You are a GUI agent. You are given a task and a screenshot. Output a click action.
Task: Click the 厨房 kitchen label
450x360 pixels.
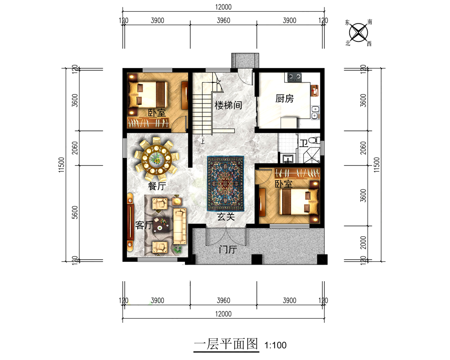tap(284, 99)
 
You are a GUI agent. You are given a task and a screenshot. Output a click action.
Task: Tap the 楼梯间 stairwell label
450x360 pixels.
tap(228, 105)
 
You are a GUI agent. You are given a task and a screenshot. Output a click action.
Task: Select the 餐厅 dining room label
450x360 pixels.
tap(157, 186)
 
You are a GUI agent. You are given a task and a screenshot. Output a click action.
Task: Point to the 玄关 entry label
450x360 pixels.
tap(226, 216)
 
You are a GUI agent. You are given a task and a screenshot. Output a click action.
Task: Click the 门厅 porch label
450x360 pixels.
tap(228, 249)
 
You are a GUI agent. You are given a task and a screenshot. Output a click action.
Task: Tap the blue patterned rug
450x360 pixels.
tap(225, 184)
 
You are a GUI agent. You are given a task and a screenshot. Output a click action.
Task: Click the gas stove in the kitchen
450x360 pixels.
tap(295, 76)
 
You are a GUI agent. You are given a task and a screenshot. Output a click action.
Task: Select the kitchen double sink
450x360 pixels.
tap(315, 112)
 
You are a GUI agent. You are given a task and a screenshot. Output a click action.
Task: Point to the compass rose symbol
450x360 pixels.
tap(359, 32)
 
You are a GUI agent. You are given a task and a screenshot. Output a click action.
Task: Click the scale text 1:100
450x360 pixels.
tap(275, 345)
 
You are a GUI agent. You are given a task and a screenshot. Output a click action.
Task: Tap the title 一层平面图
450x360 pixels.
tap(226, 344)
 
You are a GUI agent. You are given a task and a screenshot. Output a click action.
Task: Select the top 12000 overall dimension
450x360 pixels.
tap(223, 7)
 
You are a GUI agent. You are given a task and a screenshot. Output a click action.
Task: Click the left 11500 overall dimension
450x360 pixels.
tap(61, 165)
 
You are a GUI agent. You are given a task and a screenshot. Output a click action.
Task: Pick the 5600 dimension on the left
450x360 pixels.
tap(75, 212)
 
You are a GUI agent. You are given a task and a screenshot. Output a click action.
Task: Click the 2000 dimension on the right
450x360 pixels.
tap(363, 243)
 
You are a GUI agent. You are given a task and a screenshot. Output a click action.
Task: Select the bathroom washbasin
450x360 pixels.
tap(288, 158)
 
